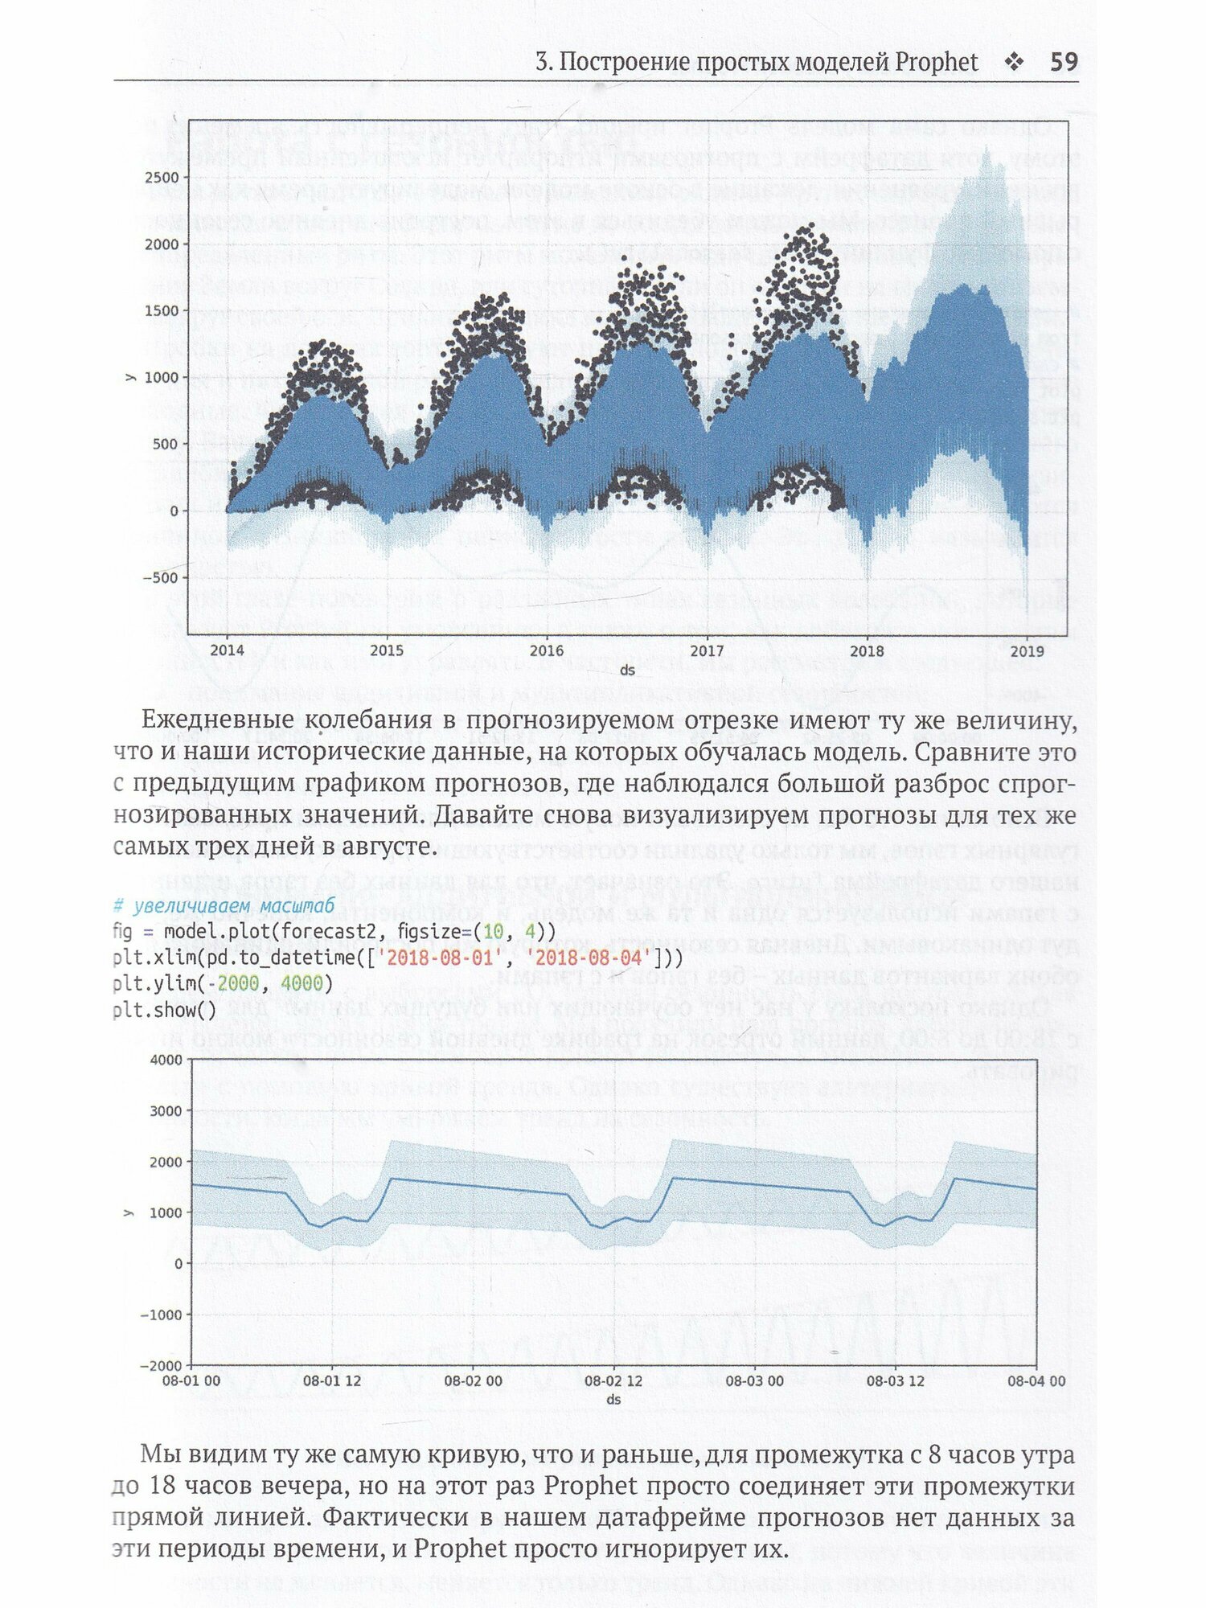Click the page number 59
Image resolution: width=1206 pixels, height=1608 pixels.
coord(1064,62)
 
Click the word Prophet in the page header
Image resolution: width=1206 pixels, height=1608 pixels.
coord(937,63)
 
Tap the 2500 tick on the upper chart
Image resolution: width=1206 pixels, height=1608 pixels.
coord(162,178)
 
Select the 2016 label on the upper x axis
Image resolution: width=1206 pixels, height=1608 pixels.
coord(547,650)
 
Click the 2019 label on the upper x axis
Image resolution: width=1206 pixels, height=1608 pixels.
coord(1027,650)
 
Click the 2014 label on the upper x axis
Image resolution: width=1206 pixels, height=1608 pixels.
coord(228,650)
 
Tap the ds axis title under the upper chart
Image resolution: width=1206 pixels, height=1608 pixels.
coord(627,670)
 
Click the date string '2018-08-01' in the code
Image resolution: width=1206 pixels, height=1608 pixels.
coord(434,958)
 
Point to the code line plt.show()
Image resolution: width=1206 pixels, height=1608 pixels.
coord(165,1009)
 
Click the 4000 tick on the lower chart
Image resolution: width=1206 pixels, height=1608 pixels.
coord(166,1060)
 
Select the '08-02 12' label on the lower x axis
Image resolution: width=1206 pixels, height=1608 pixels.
coord(613,1381)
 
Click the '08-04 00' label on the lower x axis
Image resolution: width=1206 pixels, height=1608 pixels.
coord(1036,1381)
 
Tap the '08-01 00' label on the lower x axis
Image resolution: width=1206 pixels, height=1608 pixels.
coord(191,1381)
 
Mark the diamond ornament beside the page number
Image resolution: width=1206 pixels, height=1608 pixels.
coord(1015,62)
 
